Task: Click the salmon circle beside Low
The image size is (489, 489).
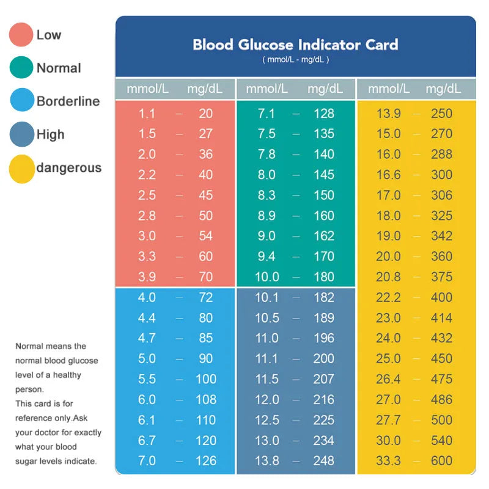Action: click(x=21, y=35)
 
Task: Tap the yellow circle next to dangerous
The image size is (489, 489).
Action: click(x=21, y=168)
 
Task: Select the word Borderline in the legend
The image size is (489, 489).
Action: click(x=68, y=101)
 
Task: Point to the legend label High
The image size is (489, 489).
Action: click(x=50, y=134)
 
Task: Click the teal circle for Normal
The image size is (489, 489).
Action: click(x=21, y=68)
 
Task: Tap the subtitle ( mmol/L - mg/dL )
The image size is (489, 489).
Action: click(x=296, y=60)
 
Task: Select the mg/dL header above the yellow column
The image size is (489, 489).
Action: click(x=443, y=89)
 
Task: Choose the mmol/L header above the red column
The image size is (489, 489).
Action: click(x=147, y=89)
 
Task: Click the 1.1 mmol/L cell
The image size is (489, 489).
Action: click(x=147, y=113)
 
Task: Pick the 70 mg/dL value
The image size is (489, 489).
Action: click(x=205, y=277)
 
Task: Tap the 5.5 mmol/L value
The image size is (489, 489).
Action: click(x=147, y=379)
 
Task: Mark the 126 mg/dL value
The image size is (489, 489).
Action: click(x=205, y=461)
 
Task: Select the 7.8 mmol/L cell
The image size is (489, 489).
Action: click(x=267, y=154)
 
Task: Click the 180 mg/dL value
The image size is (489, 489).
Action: click(x=324, y=277)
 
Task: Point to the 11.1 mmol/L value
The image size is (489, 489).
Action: click(x=267, y=359)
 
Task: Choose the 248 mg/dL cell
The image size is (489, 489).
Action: click(x=324, y=461)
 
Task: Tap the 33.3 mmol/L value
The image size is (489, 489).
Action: click(x=388, y=461)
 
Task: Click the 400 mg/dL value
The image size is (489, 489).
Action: click(x=441, y=298)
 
